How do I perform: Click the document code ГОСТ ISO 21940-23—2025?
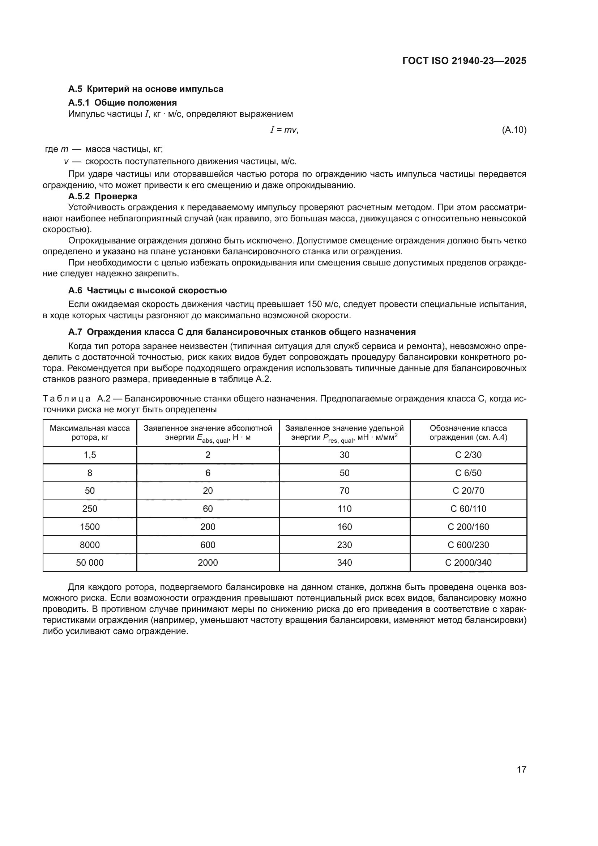[x=464, y=61]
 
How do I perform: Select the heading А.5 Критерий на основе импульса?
[x=146, y=89]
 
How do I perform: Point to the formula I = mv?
[x=284, y=130]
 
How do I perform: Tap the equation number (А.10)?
[x=514, y=130]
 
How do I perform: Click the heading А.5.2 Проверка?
[x=103, y=196]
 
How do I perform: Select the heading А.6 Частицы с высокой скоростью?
[x=147, y=290]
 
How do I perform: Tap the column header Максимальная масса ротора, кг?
[x=90, y=433]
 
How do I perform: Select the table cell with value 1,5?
[x=90, y=455]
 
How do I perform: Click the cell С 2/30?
[x=468, y=455]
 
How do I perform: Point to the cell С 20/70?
[x=468, y=491]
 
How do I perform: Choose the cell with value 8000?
[x=90, y=545]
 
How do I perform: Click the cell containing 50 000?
[x=90, y=563]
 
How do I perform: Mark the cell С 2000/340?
[x=468, y=563]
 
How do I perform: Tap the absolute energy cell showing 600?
[x=208, y=545]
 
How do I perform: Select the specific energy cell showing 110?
[x=344, y=509]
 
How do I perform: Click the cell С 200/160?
[x=468, y=527]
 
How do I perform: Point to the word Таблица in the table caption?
[x=67, y=399]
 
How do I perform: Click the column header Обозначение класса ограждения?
[x=468, y=433]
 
